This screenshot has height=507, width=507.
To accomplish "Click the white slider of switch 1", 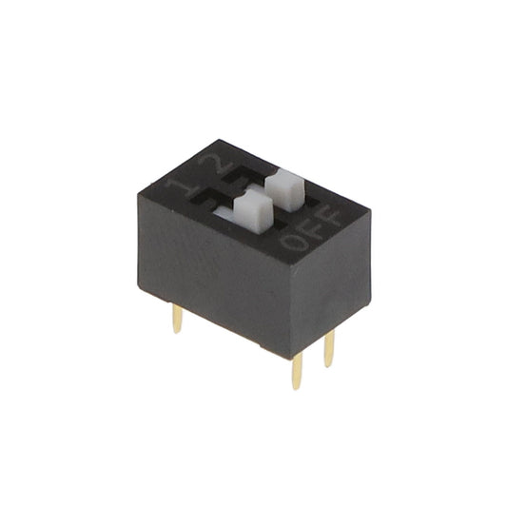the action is [253, 211].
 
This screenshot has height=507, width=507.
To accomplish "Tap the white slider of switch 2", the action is [284, 190].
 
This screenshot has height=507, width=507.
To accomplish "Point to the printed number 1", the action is [178, 187].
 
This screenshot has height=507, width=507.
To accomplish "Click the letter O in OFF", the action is [296, 241].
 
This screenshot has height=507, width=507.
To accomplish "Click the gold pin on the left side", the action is [177, 319].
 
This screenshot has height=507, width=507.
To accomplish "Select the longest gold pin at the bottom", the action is [297, 371].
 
